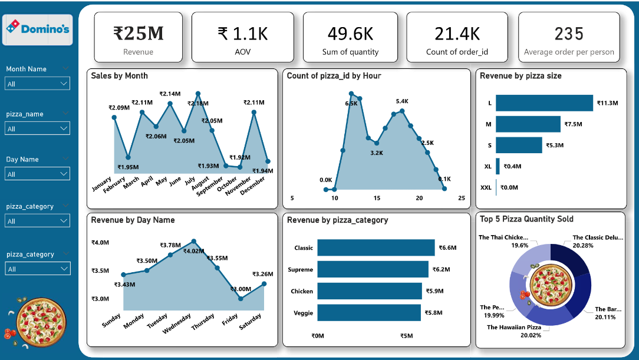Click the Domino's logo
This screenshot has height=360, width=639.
pos(37,29)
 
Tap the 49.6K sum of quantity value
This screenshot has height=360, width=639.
pos(350,34)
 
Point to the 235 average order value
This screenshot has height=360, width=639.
pos(569,34)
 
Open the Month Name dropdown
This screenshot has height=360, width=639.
pos(38,84)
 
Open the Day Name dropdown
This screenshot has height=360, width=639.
pos(38,174)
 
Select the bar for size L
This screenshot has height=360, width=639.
pos(544,103)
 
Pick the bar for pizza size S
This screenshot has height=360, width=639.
pos(519,145)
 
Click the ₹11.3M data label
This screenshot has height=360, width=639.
pos(607,103)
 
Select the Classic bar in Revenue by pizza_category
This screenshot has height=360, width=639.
pos(376,247)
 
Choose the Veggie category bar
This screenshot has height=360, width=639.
pos(369,312)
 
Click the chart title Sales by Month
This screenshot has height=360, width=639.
pos(119,76)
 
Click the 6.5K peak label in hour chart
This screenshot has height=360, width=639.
pos(351,103)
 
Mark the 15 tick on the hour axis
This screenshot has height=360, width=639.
pos(377,198)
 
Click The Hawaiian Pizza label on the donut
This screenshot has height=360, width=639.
pos(513,327)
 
